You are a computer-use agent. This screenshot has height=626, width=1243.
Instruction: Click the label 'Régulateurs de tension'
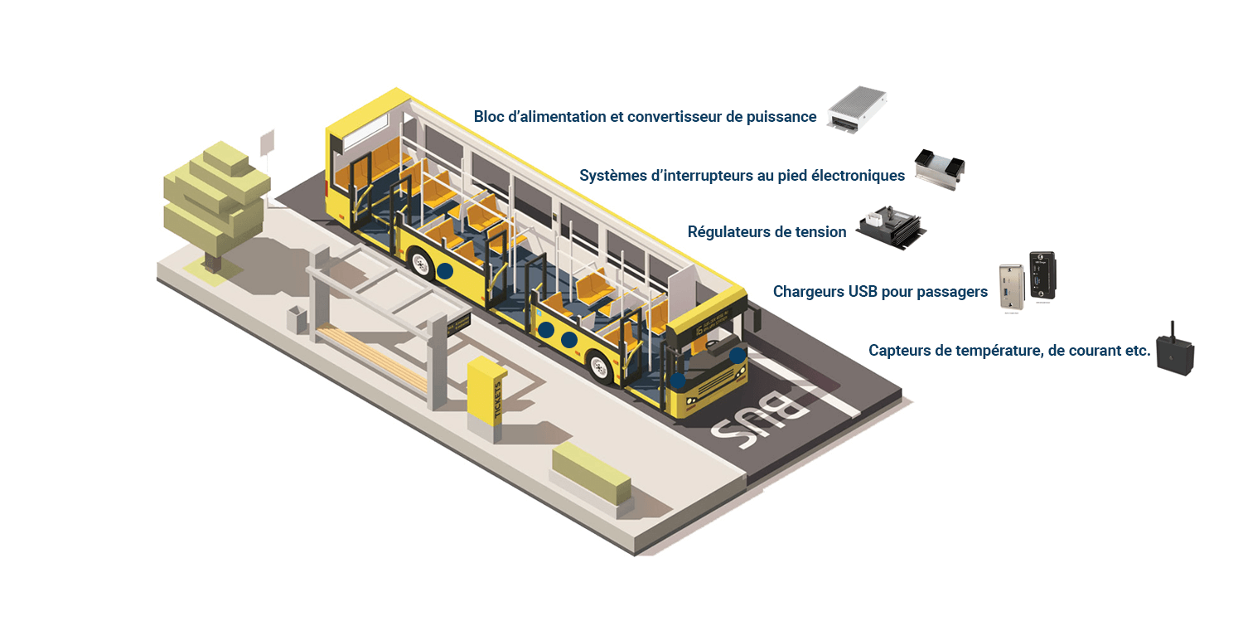pyautogui.click(x=767, y=232)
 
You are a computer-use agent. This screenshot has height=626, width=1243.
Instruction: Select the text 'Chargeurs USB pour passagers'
pyautogui.click(x=880, y=292)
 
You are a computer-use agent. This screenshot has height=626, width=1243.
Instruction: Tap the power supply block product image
pyautogui.click(x=856, y=111)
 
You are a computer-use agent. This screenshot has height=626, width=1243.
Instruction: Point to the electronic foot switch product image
pyautogui.click(x=940, y=169)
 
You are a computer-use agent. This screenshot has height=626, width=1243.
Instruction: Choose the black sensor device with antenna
pyautogui.click(x=1175, y=353)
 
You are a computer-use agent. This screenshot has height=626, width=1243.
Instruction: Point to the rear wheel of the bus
pyautogui.click(x=423, y=264)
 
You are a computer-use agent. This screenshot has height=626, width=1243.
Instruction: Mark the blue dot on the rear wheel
pyautogui.click(x=445, y=270)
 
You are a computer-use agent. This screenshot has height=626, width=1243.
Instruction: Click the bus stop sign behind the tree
pyautogui.click(x=267, y=143)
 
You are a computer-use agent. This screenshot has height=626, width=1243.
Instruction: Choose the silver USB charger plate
pyautogui.click(x=1012, y=287)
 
